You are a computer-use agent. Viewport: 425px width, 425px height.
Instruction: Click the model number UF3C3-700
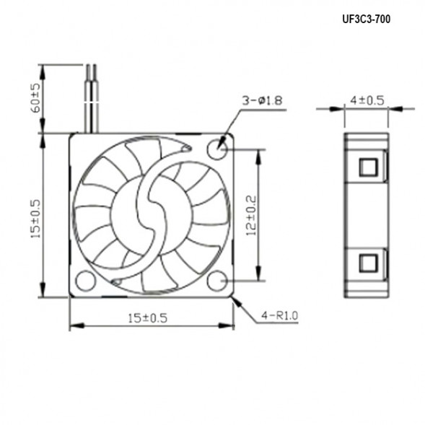366,19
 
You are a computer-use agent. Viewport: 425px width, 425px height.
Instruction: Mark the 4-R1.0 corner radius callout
278,315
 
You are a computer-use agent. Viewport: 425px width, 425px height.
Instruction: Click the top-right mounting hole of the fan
217,149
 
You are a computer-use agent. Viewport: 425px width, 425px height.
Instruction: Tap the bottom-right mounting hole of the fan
218,280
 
